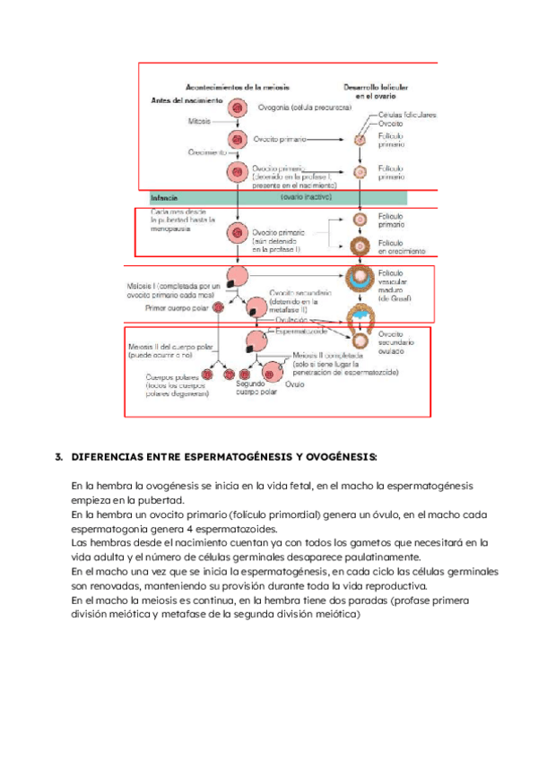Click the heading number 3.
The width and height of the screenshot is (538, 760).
[58, 457]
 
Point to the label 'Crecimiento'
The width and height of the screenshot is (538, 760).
[206, 153]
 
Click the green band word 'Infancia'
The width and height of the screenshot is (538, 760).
[166, 196]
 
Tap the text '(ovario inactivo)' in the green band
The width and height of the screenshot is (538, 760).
[306, 195]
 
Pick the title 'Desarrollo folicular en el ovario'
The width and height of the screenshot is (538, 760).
[377, 91]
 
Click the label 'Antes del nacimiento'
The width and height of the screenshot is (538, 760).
[185, 100]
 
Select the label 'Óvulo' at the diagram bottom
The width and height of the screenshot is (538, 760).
[295, 382]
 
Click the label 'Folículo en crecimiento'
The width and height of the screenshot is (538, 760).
[401, 247]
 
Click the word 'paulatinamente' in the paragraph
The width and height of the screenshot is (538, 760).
[366, 556]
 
